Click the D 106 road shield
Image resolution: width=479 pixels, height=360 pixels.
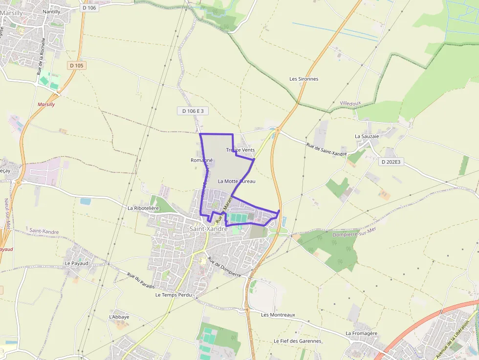(89, 7)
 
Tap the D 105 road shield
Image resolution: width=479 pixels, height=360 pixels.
(77, 65)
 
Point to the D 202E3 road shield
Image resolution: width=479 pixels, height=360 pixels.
(391, 162)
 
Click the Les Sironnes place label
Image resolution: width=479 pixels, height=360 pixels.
(304, 79)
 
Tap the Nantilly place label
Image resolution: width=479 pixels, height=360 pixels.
(51, 11)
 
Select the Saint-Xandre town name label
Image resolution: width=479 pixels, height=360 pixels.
(208, 229)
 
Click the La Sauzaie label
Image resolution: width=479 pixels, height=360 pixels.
(367, 136)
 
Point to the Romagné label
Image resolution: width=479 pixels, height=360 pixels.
(201, 160)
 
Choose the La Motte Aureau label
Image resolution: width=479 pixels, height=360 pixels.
(237, 181)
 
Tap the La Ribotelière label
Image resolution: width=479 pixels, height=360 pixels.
(144, 208)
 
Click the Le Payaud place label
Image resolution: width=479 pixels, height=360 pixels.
(77, 263)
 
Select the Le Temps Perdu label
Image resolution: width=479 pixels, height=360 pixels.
(174, 295)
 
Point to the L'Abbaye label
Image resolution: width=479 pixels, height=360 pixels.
(119, 317)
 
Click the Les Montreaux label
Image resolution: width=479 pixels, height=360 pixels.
(278, 315)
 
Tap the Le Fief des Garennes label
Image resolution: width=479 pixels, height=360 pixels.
(297, 341)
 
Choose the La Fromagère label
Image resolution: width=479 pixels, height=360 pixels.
(362, 333)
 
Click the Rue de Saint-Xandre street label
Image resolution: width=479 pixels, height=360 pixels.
(327, 149)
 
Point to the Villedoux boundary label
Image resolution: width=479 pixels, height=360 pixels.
(350, 104)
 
